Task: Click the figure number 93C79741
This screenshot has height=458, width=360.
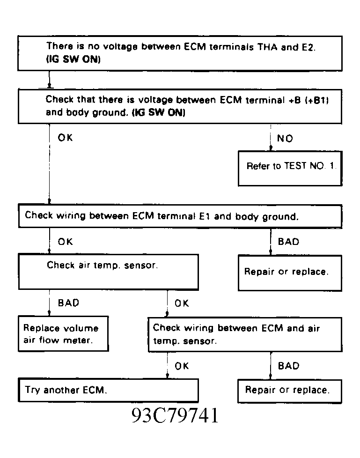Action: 175,415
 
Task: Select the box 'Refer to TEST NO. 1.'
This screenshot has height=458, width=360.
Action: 290,169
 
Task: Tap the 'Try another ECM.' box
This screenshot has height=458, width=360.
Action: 108,390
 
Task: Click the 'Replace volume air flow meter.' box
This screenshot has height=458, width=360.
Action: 63,333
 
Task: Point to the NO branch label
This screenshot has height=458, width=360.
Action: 285,138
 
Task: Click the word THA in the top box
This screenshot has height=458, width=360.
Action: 267,47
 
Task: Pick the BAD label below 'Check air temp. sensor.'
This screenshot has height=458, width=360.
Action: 68,303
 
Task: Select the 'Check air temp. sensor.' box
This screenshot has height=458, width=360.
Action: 108,272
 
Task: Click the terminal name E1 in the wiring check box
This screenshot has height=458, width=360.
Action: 205,216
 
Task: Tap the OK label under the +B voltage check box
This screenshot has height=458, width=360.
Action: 65,138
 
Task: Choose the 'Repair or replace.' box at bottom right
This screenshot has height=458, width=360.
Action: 290,392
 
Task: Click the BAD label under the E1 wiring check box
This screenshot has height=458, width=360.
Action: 288,242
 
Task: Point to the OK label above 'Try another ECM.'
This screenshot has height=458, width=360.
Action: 182,366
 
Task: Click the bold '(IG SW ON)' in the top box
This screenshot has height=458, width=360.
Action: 73,59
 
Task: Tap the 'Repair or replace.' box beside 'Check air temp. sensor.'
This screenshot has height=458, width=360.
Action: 290,273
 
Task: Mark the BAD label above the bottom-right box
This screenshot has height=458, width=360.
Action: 288,366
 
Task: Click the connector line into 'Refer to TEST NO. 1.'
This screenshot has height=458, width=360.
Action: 271,137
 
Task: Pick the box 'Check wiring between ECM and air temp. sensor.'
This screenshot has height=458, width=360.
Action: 245,335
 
